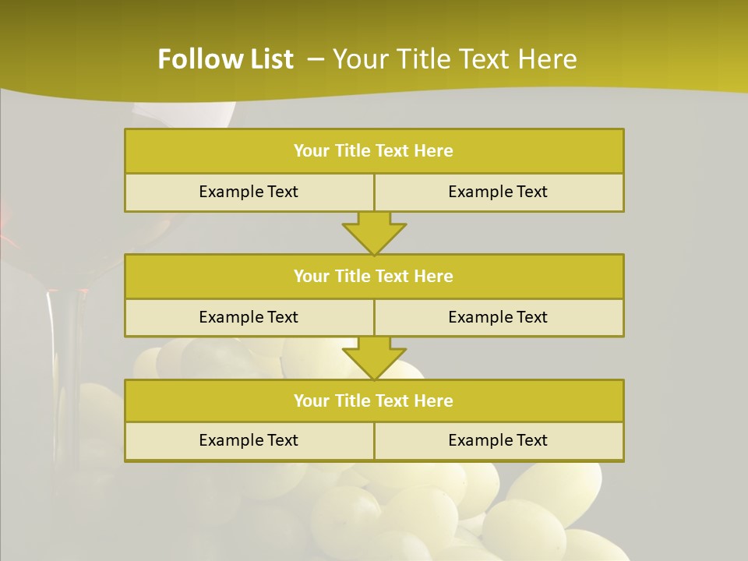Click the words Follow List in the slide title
pyautogui.click(x=225, y=59)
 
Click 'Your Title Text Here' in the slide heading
pyautogui.click(x=454, y=59)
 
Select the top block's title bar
pyautogui.click(x=374, y=151)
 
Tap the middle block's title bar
pyautogui.click(x=374, y=276)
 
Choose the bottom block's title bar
pyautogui.click(x=374, y=400)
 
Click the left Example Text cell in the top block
pyautogui.click(x=249, y=192)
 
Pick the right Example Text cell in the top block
pyautogui.click(x=499, y=192)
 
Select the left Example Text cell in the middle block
pyautogui.click(x=249, y=317)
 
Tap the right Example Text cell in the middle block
pyautogui.click(x=499, y=317)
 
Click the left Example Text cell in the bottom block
pyautogui.click(x=249, y=440)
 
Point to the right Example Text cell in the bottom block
pyautogui.click(x=499, y=440)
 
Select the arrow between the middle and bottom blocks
pyautogui.click(x=374, y=358)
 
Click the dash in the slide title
pyautogui.click(x=316, y=58)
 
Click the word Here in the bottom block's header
pyautogui.click(x=433, y=400)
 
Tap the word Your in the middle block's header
pyautogui.click(x=312, y=276)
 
